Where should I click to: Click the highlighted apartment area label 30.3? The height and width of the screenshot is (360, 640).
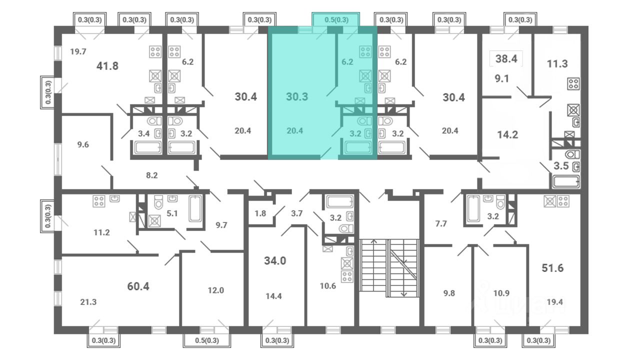click(297, 96)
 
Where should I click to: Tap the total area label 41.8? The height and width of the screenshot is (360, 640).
click(107, 66)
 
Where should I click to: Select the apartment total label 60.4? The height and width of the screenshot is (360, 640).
click(138, 286)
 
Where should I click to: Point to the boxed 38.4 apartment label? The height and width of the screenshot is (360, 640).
click(506, 59)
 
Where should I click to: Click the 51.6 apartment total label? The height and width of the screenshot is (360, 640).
click(553, 268)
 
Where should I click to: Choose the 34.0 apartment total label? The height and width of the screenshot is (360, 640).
click(275, 260)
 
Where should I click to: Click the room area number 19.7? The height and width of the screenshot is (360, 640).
click(78, 51)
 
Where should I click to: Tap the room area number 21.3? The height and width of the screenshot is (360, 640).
click(88, 301)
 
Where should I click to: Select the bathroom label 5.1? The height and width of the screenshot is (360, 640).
click(172, 213)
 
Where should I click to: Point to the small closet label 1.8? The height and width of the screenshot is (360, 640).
click(260, 213)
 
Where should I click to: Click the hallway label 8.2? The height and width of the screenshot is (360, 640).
click(151, 175)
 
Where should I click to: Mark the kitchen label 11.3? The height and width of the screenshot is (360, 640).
click(557, 63)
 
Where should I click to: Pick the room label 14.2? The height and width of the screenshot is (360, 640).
click(507, 134)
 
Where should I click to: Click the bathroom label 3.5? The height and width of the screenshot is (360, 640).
click(561, 165)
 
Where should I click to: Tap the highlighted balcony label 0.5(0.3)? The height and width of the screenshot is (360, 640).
click(336, 19)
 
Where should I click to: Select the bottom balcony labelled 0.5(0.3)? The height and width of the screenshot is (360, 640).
click(207, 340)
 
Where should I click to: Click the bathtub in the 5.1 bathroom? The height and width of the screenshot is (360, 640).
click(195, 209)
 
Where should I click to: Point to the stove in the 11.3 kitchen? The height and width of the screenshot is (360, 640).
click(573, 84)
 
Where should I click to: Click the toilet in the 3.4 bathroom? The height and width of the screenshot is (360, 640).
click(154, 121)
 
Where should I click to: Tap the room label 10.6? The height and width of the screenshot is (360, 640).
click(327, 285)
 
